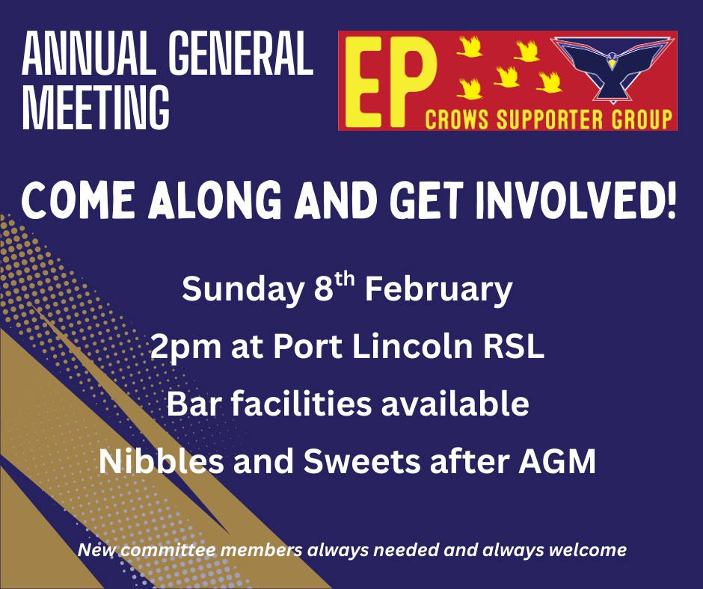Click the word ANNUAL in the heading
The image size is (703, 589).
(x=88, y=53)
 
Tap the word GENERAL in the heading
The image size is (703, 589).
(x=241, y=53)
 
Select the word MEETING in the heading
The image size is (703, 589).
(x=96, y=108)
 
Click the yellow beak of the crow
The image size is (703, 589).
(x=612, y=64)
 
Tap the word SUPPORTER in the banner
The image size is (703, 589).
(x=550, y=120)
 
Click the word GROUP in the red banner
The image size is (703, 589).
(x=642, y=120)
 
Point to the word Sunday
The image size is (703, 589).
(x=242, y=289)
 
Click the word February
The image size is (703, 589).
(x=438, y=289)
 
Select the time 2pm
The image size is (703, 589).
(x=185, y=348)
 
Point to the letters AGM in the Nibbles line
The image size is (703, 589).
(x=557, y=461)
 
